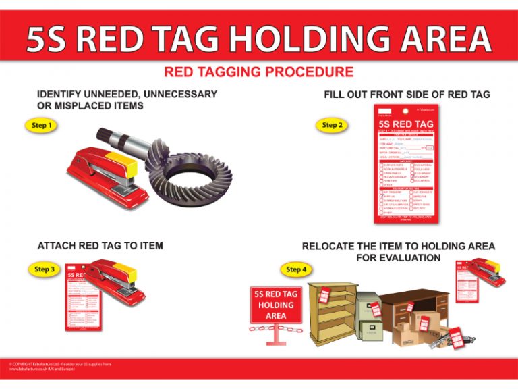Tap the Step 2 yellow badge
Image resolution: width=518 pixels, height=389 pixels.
(332, 125)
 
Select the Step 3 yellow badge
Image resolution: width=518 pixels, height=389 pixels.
(45, 269)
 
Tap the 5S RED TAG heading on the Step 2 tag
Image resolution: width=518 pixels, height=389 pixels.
(406, 124)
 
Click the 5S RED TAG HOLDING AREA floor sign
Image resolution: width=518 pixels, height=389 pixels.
(276, 306)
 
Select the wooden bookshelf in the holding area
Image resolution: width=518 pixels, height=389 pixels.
(333, 311)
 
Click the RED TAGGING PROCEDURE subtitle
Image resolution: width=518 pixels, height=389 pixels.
(258, 72)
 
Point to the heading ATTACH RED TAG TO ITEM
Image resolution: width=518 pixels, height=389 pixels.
(100, 245)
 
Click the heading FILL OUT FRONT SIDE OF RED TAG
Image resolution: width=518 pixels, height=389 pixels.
(407, 94)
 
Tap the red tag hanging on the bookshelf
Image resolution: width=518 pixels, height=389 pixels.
(324, 294)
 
